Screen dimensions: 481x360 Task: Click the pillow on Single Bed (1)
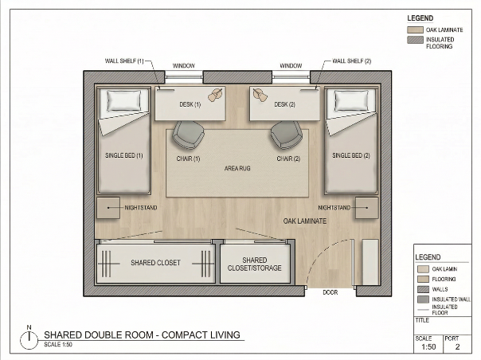point(124,100)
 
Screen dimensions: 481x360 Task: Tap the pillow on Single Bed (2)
point(351,100)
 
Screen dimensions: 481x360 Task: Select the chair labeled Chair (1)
point(189,135)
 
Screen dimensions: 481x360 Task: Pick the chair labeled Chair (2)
point(286,135)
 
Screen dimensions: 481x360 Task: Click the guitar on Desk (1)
point(215,94)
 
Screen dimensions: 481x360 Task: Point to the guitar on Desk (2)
point(260,94)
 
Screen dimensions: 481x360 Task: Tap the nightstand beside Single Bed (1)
point(108,208)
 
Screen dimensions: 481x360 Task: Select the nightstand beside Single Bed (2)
point(367,208)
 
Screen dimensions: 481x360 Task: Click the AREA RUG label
point(237,168)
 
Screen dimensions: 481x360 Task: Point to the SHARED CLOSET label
point(155,263)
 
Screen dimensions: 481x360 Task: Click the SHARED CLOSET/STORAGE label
point(254,264)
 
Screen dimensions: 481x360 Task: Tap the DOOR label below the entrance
point(330,292)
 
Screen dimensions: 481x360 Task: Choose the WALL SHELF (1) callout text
point(124,61)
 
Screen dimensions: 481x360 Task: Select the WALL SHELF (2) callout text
point(352,61)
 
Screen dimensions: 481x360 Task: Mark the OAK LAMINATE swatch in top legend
point(415,30)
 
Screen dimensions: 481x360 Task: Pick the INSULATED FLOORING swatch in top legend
point(415,40)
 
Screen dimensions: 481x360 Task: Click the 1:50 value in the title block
point(428,346)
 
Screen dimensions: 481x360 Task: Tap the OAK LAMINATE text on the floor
point(305,221)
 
